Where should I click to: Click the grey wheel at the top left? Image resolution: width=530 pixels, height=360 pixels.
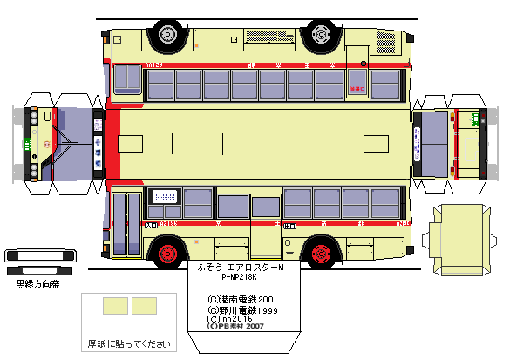tap(166, 36)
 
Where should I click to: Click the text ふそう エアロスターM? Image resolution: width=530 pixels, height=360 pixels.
tap(241, 268)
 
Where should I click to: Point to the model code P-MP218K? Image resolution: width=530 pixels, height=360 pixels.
tap(242, 278)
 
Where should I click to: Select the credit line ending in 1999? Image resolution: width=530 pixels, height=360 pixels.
tap(242, 309)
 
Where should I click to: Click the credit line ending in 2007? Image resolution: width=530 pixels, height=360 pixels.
tap(236, 329)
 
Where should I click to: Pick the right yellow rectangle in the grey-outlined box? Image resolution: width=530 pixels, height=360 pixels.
tap(144, 305)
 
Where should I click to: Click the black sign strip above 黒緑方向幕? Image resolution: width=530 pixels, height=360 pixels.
tap(35, 255)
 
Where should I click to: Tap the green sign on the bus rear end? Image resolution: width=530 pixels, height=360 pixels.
tap(474, 119)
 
